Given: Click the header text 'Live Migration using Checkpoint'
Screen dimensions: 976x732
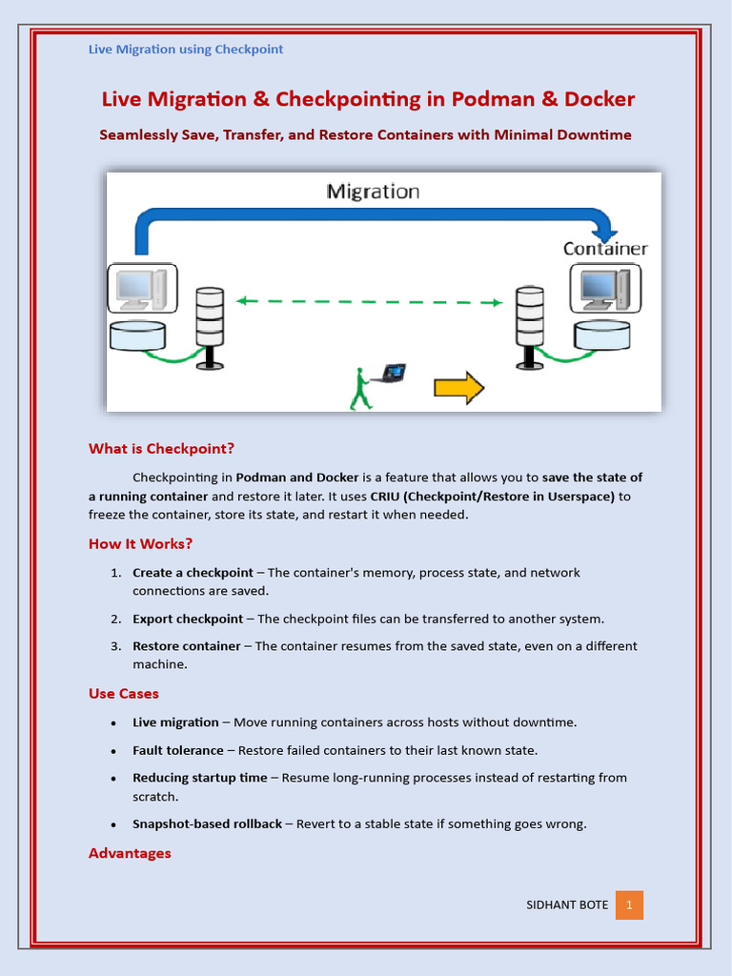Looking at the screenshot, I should (186, 49).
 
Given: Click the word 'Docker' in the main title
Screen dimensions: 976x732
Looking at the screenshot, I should (599, 99).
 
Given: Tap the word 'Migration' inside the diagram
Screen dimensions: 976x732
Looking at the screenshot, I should (373, 192).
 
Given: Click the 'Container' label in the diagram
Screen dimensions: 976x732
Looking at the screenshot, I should (604, 249).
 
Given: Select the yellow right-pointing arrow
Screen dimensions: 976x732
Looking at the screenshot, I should (459, 387).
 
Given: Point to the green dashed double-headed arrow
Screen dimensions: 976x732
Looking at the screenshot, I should (369, 301).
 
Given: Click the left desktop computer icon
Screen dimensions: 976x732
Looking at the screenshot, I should (141, 289).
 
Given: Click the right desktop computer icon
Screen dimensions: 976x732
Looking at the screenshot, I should (604, 289).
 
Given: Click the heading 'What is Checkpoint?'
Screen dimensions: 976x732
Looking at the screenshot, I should (161, 448).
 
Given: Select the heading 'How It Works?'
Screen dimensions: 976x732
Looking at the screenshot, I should (140, 543).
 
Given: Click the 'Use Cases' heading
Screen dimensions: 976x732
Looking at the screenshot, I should (124, 693).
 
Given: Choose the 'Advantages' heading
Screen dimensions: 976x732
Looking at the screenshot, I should (130, 853).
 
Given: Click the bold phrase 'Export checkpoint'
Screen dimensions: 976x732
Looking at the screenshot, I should (188, 619).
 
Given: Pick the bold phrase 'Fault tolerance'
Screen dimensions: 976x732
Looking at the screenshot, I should (178, 750).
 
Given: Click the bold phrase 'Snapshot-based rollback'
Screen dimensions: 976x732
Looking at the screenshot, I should (207, 823).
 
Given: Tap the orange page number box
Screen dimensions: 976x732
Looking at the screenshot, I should (629, 905).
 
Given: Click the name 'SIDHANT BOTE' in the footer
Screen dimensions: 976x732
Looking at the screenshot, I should (567, 905).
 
